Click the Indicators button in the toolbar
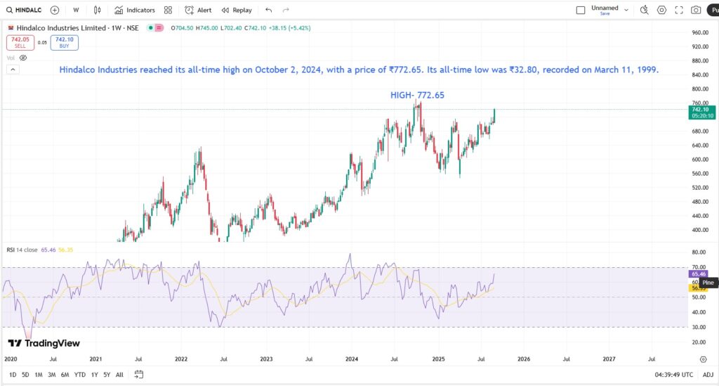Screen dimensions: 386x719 point(135,11)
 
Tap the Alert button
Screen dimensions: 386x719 point(198,11)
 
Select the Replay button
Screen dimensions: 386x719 point(237,11)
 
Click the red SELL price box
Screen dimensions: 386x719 point(20,42)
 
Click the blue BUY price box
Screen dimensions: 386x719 point(65,42)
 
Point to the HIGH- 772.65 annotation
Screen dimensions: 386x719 point(417,95)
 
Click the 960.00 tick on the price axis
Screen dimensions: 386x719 point(699,32)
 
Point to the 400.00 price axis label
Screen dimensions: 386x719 point(699,230)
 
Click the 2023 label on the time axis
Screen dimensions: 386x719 point(266,359)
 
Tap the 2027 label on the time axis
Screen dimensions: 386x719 point(609,359)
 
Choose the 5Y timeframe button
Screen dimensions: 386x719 point(106,374)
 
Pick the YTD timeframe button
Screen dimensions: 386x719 point(79,374)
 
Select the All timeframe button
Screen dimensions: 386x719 point(119,374)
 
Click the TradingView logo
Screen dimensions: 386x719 point(44,343)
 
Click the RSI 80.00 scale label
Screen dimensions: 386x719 point(699,252)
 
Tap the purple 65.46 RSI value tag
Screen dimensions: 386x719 point(699,274)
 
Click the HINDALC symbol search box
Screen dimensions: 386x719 point(22,11)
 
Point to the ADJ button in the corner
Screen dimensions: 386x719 point(708,374)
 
